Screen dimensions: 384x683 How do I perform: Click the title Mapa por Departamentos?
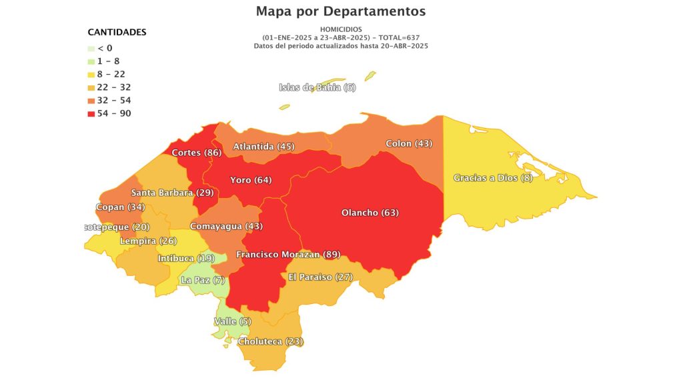tap(341, 11)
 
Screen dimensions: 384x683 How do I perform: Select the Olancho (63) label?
tap(370, 213)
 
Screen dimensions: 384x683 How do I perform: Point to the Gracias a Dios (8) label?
tap(493, 178)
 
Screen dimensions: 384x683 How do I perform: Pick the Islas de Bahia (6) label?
tap(317, 87)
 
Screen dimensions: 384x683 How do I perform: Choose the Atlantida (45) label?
tap(263, 146)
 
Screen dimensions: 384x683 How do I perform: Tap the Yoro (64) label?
tap(251, 180)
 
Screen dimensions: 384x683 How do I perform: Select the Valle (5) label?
tap(232, 321)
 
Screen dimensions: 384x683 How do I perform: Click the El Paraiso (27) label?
tap(320, 277)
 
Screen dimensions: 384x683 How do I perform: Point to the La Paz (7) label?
tap(203, 280)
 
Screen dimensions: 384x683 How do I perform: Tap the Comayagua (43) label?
tap(227, 227)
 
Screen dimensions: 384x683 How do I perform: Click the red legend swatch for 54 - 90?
tap(91, 114)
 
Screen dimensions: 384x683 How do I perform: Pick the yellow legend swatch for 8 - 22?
tap(91, 75)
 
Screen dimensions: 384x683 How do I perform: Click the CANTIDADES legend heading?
tap(117, 32)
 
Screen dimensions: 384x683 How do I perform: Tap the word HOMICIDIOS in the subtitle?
tap(341, 30)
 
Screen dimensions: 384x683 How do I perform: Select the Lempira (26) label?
tap(148, 241)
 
